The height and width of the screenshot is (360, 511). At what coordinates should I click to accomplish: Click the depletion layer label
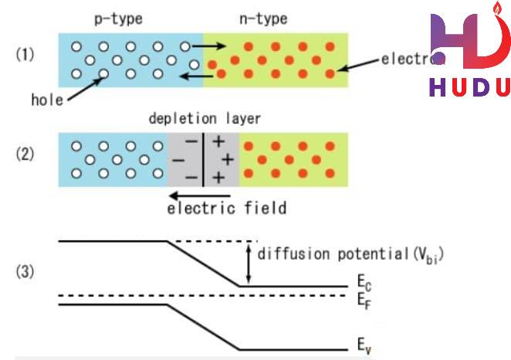click(205, 119)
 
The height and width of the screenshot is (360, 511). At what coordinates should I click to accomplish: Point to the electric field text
click(228, 207)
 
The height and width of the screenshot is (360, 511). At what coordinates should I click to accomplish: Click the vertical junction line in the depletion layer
click(204, 159)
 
